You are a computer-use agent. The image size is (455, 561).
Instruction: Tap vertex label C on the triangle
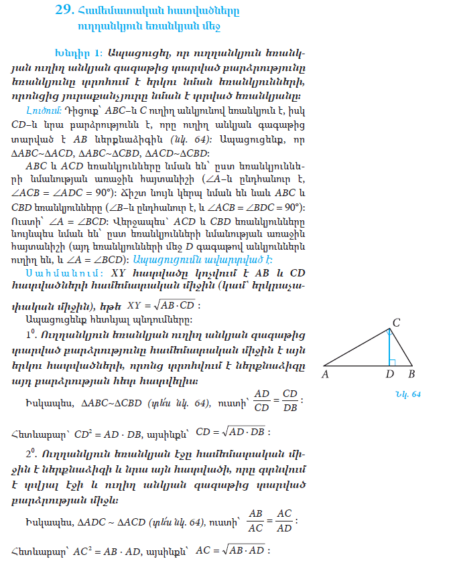pos(396,323)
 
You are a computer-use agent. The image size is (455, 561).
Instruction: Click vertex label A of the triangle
pos(325,374)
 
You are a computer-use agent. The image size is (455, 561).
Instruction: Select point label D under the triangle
pos(389,374)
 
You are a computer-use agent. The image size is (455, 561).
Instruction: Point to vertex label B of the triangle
pos(411,374)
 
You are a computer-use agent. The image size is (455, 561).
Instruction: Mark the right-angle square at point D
pos(393,362)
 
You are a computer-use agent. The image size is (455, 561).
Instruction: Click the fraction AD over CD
pos(261,400)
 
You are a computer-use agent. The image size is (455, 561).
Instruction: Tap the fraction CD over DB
pos(289,400)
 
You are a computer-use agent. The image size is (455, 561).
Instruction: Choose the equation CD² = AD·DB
pos(106,431)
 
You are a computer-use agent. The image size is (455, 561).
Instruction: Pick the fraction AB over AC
pos(255,519)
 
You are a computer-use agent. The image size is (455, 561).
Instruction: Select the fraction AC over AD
pos(284,519)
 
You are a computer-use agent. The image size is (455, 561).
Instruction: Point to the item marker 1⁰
pos(29,332)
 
